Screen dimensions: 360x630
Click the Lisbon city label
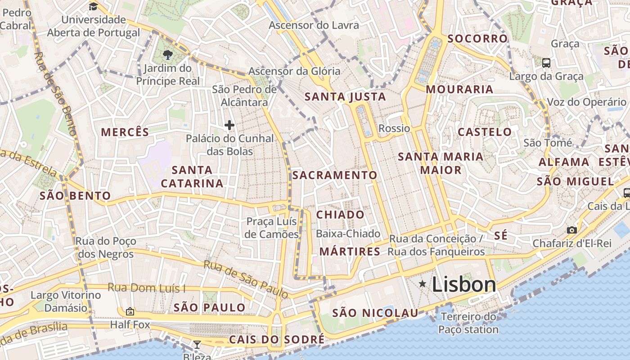[x=464, y=284]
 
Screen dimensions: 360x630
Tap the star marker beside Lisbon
[x=422, y=283]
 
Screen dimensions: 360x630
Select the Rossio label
[x=394, y=128]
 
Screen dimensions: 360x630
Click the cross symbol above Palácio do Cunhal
[x=229, y=125]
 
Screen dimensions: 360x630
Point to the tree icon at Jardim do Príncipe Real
[x=168, y=55]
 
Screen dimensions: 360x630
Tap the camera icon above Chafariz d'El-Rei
[x=571, y=230]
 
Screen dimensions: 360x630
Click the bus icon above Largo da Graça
[x=546, y=63]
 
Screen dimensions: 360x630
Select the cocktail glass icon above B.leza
[x=197, y=345]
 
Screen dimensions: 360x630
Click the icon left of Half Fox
[x=130, y=311]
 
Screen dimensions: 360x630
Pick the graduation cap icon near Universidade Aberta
[x=93, y=6]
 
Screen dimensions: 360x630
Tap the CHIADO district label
[x=340, y=215]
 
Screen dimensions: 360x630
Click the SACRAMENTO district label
[x=335, y=175]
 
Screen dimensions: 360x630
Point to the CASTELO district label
[x=485, y=132]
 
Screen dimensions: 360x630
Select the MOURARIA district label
[x=459, y=89]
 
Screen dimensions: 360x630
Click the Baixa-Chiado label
[x=348, y=234]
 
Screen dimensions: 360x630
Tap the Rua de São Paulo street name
[x=246, y=279]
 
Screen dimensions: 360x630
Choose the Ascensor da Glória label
[x=294, y=71]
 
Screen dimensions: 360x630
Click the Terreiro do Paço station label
[x=468, y=323]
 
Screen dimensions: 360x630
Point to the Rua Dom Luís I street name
[x=147, y=288]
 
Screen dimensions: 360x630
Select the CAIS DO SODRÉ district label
[x=276, y=339]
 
